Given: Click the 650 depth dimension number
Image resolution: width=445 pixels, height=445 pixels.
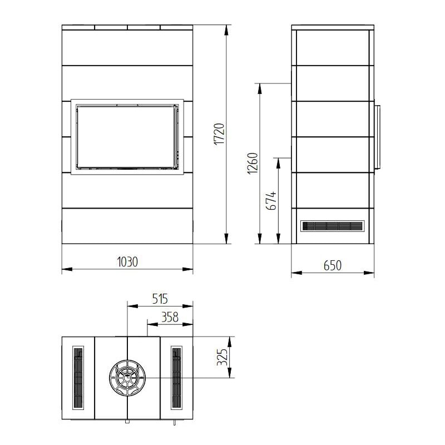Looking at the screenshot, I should click(x=332, y=265).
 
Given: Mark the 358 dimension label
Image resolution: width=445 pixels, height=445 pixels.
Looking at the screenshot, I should click(x=169, y=317).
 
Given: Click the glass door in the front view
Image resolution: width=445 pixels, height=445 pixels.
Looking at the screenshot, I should click(x=127, y=136).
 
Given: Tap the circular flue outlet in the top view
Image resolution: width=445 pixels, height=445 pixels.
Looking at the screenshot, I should click(x=127, y=378).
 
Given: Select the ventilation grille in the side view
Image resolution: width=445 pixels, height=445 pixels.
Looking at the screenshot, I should click(x=332, y=226).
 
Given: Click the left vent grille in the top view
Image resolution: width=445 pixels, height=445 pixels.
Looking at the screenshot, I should click(x=78, y=378).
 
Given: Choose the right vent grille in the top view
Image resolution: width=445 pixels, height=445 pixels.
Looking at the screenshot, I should click(x=177, y=378).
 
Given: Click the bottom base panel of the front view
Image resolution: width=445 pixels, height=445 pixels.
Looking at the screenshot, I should click(x=127, y=226).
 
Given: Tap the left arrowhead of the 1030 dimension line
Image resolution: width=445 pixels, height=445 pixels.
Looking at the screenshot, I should click(x=64, y=270).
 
